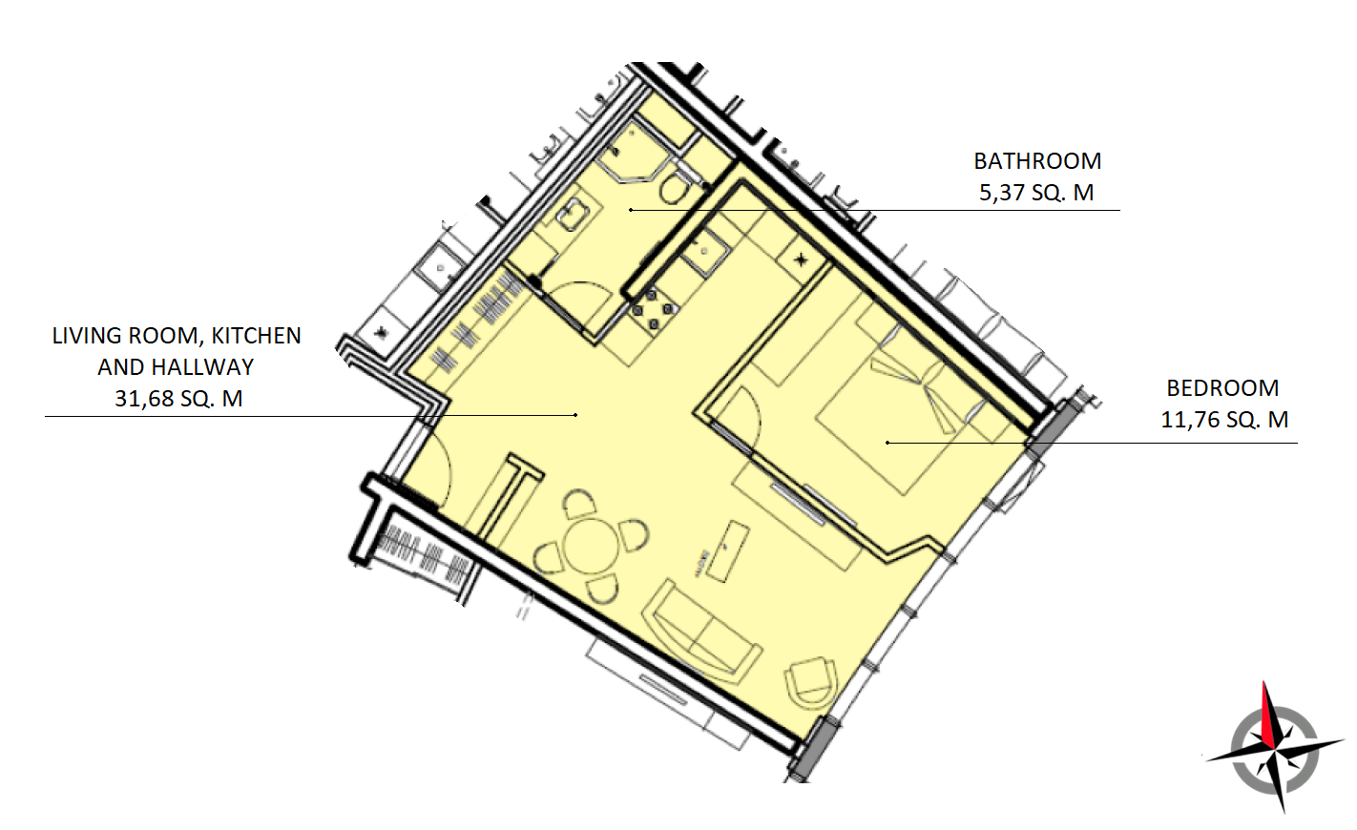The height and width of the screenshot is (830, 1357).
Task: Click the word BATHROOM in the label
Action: pyautogui.click(x=1037, y=161)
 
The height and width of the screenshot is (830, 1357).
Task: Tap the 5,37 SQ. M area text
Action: pyautogui.click(x=1036, y=193)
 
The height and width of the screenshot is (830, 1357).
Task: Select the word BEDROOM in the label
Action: pyautogui.click(x=1222, y=388)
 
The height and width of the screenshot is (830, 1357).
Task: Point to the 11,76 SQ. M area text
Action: pyautogui.click(x=1224, y=419)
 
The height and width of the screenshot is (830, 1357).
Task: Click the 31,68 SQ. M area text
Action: pyautogui.click(x=178, y=399)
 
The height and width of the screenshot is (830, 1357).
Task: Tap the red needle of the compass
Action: pyautogui.click(x=1269, y=715)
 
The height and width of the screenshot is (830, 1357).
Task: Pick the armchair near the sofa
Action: pyautogui.click(x=812, y=681)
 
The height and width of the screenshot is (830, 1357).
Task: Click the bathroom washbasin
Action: pyautogui.click(x=572, y=214)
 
